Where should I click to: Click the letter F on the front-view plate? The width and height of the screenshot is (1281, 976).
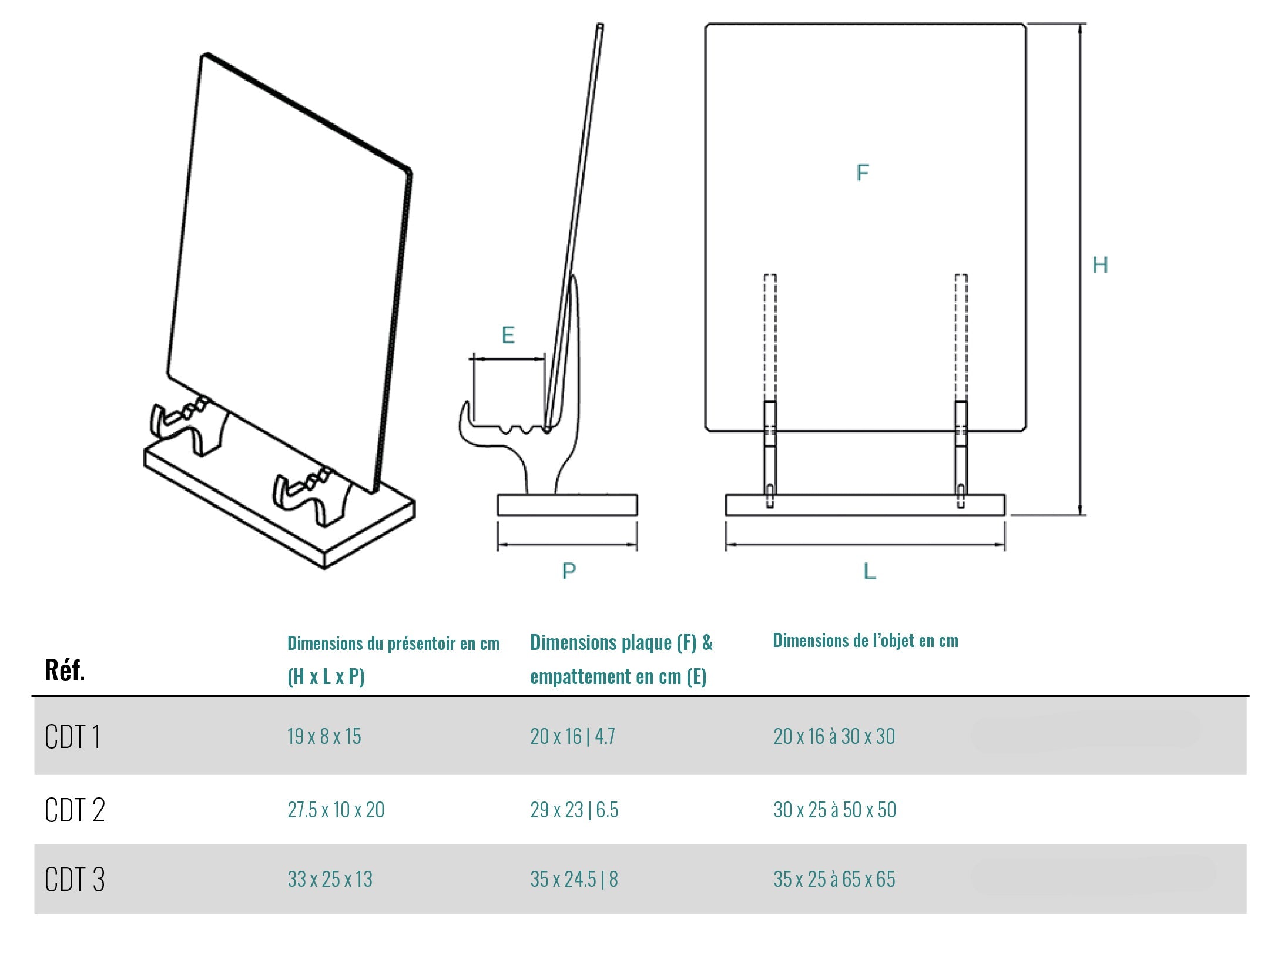pos(862,173)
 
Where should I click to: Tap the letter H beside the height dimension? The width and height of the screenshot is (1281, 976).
pos(1100,265)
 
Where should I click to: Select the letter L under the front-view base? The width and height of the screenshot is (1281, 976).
pos(869,571)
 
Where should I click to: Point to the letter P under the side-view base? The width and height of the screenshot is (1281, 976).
pos(569,571)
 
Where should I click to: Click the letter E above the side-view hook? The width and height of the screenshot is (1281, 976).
pos(508,335)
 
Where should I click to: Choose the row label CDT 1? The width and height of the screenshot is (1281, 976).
pos(72,736)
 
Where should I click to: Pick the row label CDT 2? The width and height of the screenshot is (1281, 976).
pos(75,810)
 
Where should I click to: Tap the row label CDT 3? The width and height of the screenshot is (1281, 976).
pos(75,880)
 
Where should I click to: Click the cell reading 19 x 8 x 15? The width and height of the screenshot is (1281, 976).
pos(324,736)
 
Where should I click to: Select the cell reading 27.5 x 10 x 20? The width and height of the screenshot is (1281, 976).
pos(336,810)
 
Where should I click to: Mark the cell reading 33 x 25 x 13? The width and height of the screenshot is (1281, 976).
pos(330,879)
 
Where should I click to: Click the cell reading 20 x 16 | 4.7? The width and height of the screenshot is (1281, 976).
pos(572,736)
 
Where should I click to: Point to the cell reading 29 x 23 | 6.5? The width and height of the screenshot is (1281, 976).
pos(574,810)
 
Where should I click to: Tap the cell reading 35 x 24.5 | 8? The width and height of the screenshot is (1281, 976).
pos(574,879)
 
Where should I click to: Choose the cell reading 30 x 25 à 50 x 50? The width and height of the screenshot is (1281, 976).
pos(834,810)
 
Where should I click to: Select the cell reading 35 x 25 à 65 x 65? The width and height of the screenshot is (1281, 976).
pos(834,879)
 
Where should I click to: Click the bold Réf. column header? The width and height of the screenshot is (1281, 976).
pos(65,670)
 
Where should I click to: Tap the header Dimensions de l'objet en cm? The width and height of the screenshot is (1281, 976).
pos(865,640)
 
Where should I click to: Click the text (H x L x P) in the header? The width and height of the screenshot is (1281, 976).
pos(326,676)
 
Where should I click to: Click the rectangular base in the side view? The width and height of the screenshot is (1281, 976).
pos(567,505)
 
